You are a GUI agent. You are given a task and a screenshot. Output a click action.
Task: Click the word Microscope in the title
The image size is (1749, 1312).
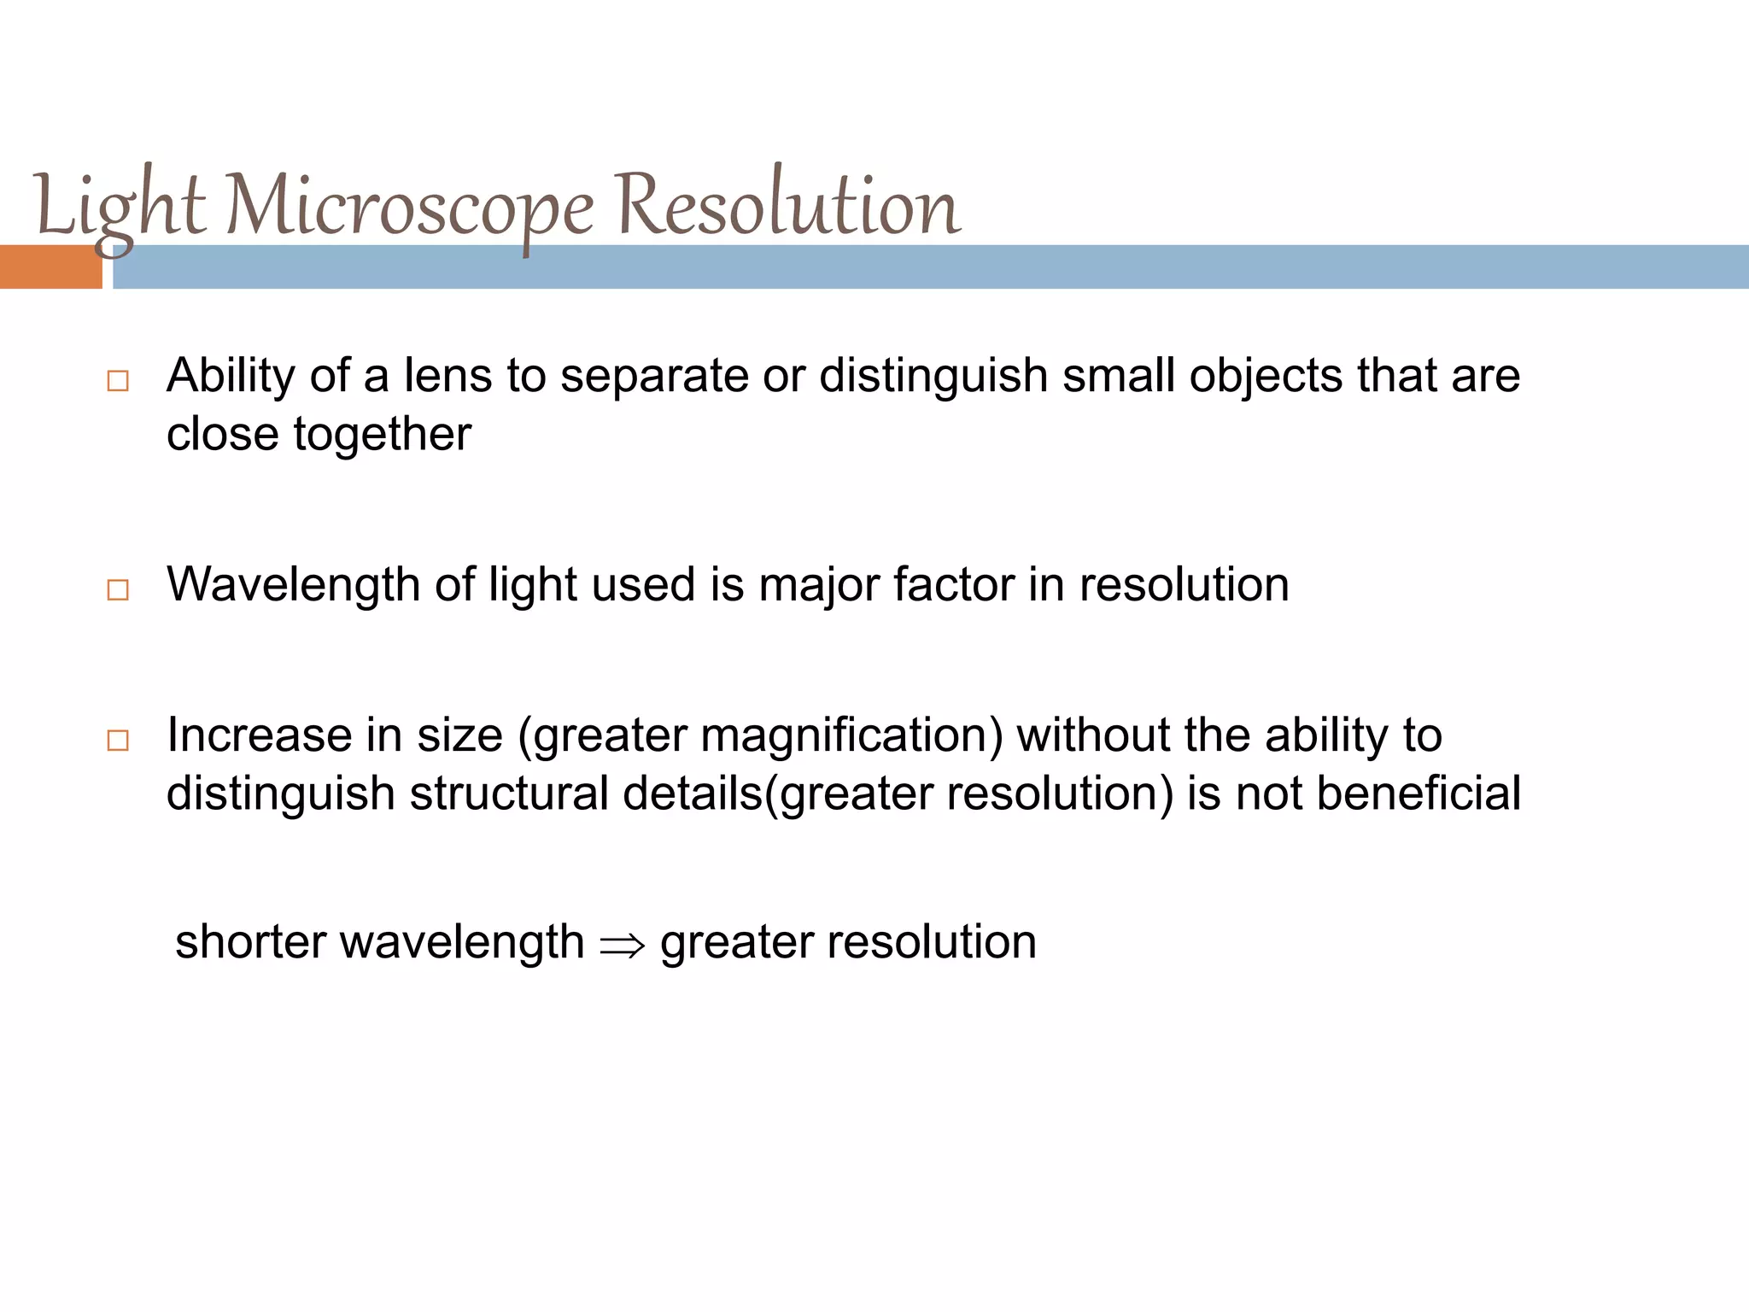click(x=410, y=207)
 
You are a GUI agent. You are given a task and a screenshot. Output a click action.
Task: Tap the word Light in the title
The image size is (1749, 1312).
click(x=120, y=207)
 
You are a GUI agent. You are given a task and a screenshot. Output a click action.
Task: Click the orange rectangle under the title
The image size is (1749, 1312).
click(x=50, y=266)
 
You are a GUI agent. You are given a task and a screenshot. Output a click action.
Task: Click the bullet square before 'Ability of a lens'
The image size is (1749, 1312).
click(x=118, y=381)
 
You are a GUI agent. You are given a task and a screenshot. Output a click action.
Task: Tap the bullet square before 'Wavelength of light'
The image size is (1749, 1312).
click(x=118, y=589)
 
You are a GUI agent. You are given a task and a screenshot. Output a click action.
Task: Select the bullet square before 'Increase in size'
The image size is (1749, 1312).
click(x=118, y=740)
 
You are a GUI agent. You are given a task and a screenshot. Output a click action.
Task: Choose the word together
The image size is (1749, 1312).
click(x=382, y=435)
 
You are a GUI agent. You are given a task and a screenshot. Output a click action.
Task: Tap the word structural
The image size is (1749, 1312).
click(x=509, y=794)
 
